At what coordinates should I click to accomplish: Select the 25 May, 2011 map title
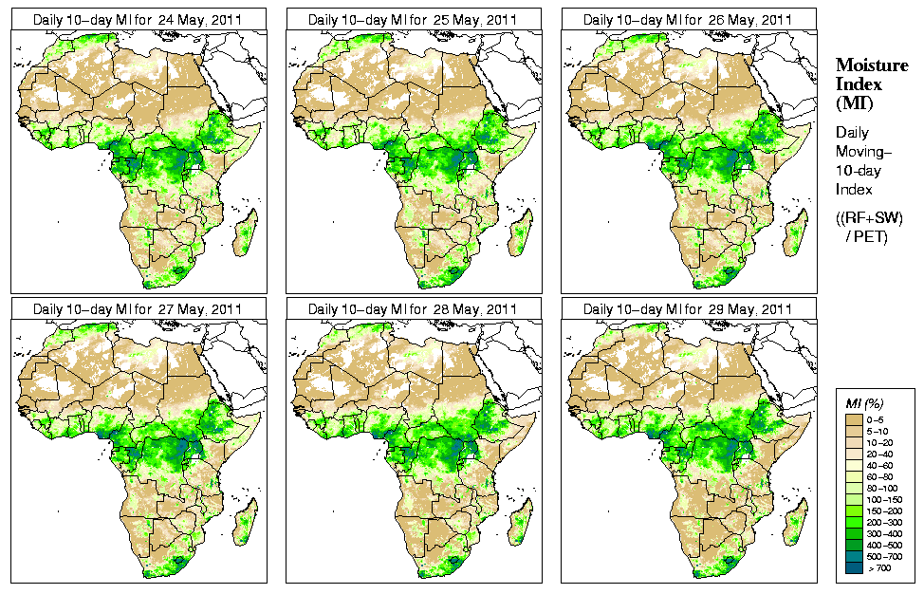pyautogui.click(x=413, y=19)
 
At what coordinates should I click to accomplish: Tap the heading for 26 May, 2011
pyautogui.click(x=688, y=19)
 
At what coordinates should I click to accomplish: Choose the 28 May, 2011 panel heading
pyautogui.click(x=413, y=309)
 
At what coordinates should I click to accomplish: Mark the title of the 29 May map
pyautogui.click(x=688, y=309)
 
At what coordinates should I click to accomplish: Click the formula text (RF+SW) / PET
pyautogui.click(x=870, y=227)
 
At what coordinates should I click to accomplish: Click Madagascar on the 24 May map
pyautogui.click(x=247, y=233)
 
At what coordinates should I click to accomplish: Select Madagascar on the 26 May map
pyautogui.click(x=797, y=233)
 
